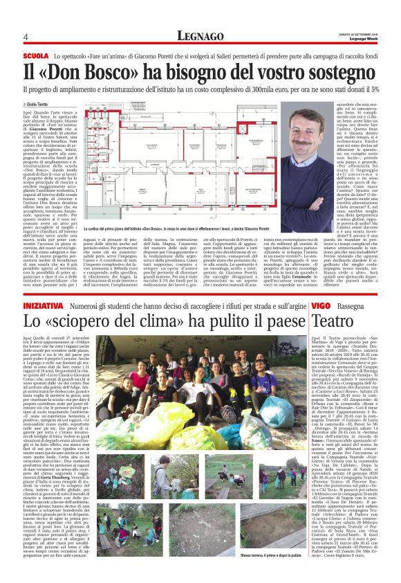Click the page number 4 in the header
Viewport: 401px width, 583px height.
25,37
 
